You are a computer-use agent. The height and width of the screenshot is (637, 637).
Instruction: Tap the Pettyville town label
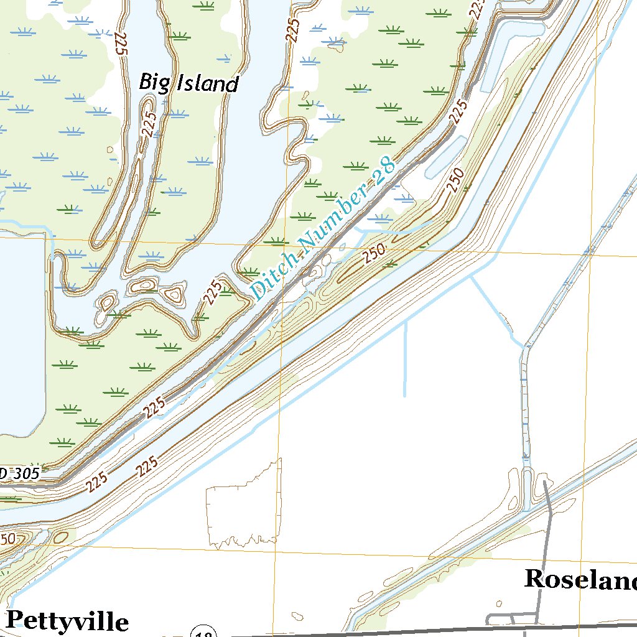click(x=67, y=620)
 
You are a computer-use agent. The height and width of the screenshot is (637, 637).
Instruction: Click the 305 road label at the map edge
click(x=20, y=474)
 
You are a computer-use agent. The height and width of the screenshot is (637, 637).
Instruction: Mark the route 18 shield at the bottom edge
click(x=203, y=632)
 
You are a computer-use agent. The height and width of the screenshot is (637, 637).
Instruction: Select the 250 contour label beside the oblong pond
click(x=455, y=180)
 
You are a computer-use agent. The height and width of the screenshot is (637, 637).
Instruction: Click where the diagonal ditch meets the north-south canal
click(x=524, y=346)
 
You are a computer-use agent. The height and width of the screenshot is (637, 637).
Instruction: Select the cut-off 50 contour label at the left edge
click(x=7, y=539)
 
